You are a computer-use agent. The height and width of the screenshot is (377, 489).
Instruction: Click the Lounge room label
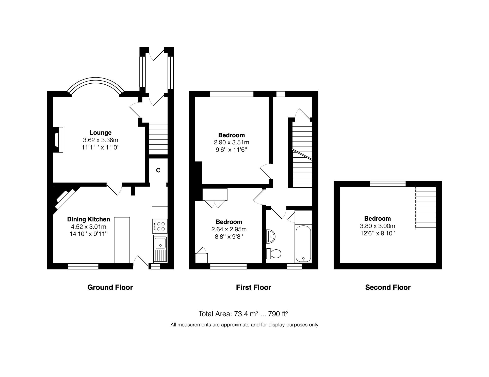[x=101, y=133]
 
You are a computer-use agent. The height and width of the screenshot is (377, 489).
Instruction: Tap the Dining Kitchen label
[x=88, y=219]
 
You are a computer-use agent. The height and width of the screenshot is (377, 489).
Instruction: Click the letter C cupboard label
[x=158, y=170]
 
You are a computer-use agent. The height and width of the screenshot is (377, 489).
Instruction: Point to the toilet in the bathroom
[x=274, y=254]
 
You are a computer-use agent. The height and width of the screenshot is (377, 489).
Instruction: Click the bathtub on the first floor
[x=303, y=244]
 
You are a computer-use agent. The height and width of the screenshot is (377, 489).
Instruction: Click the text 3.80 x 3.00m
[x=377, y=226]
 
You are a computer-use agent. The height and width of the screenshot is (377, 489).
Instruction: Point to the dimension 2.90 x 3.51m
[x=231, y=143]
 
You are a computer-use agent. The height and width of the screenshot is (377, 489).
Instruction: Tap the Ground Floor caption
[x=110, y=288]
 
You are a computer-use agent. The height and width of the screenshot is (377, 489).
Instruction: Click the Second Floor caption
[x=388, y=288]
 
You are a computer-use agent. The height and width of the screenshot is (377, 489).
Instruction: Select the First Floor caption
[x=253, y=288]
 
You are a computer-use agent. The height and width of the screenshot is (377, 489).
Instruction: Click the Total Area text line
[x=243, y=314]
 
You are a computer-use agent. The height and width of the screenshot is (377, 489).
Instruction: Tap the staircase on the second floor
[x=426, y=207]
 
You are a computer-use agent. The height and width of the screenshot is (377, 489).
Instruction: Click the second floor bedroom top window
[x=388, y=184]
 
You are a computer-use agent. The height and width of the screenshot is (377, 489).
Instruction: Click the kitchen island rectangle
[x=122, y=240]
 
